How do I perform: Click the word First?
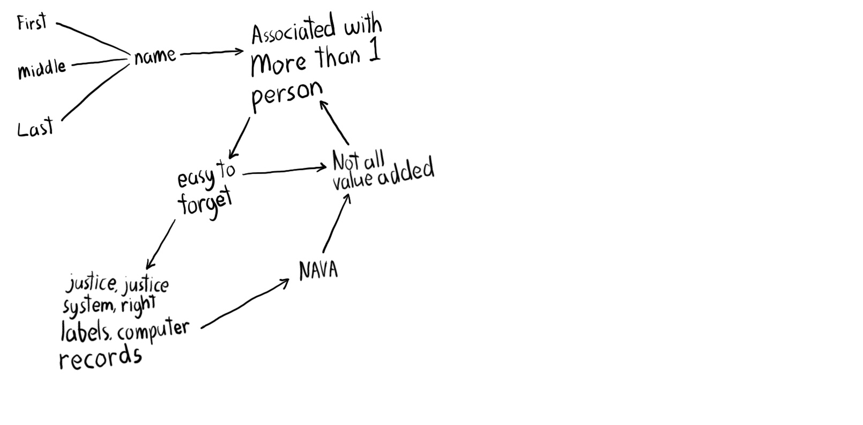point(32,23)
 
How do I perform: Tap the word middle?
point(42,69)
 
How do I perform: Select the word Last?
point(35,129)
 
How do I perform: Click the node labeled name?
point(155,56)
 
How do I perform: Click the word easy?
point(195,178)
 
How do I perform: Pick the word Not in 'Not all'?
point(346,161)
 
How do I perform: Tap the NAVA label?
point(318,270)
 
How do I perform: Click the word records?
point(100,357)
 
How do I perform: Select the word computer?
point(153,330)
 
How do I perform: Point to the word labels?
point(86,332)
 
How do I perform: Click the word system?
point(88,306)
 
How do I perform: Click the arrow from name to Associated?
point(212,53)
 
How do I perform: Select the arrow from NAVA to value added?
point(337,223)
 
